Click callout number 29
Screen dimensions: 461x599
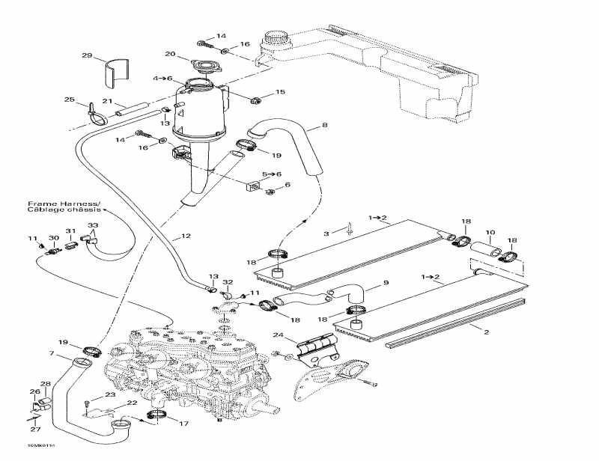86,56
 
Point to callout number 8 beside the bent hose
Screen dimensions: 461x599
324,126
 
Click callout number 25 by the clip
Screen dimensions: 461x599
69,100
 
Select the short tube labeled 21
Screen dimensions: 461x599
129,112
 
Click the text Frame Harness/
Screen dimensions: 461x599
54,204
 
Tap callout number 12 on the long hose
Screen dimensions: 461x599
186,236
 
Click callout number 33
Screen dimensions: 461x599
92,225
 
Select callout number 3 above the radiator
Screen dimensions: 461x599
326,233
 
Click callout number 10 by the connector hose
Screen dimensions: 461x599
491,233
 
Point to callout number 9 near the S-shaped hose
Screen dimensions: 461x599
387,283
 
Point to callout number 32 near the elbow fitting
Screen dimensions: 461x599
228,282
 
